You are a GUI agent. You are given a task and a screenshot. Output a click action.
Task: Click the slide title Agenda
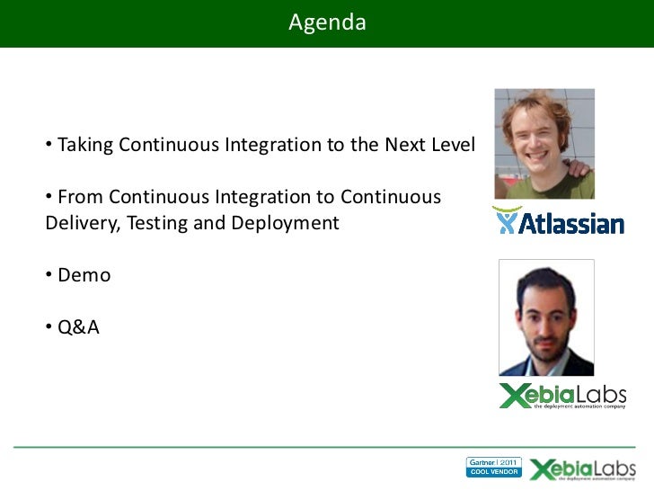pos(327,22)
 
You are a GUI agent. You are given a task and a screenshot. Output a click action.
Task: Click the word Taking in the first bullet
pos(86,145)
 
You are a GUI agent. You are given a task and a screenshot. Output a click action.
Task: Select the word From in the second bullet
pos(79,196)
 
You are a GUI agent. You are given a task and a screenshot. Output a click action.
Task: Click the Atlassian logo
pos(558,221)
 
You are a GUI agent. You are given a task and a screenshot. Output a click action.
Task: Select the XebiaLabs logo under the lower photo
pos(562,396)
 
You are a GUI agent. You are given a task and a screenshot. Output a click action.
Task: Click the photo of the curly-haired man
pos(544,144)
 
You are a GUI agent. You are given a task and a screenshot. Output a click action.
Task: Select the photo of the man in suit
pos(546,317)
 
